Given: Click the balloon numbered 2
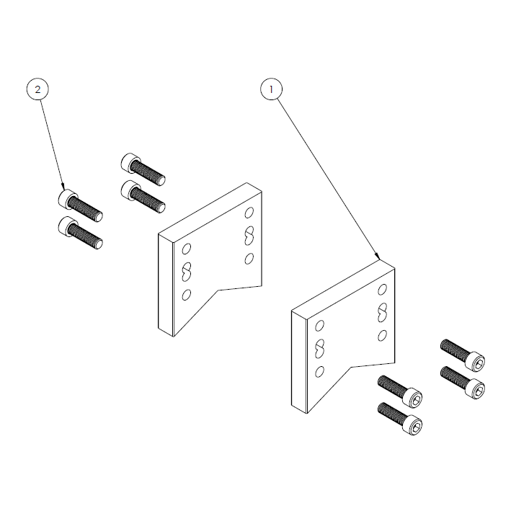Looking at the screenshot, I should [x=39, y=89].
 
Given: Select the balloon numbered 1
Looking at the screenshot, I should [x=271, y=89].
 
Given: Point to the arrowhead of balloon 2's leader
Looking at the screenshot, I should [x=65, y=190].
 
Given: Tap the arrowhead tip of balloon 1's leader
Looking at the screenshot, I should [x=380, y=258].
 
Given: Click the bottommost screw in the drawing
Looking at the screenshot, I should [x=400, y=419].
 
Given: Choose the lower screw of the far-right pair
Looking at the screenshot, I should [x=463, y=381].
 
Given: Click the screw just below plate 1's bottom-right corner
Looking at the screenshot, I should [x=400, y=392].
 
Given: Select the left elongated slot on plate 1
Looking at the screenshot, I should [x=319, y=348].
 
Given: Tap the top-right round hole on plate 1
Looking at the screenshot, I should [x=383, y=289].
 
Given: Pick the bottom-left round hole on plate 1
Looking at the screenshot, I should [x=319, y=371].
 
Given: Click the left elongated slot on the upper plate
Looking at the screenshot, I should [x=186, y=271].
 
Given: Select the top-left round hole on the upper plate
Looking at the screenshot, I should [x=186, y=249].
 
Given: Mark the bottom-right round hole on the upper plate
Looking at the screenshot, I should [x=249, y=258].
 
